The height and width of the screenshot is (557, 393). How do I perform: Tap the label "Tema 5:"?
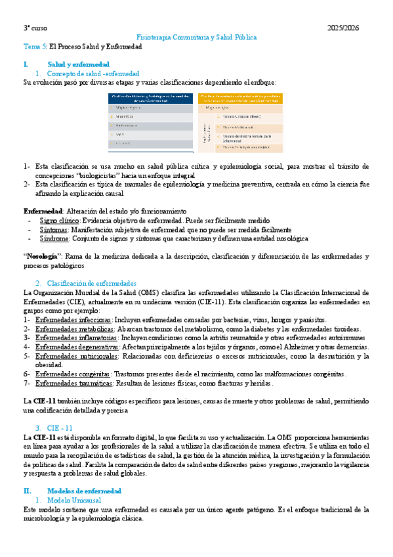click(x=35, y=47)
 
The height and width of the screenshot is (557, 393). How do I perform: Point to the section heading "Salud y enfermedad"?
click(x=78, y=65)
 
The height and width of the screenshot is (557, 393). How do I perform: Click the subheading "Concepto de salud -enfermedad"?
click(x=98, y=74)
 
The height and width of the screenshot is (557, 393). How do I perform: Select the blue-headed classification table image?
click(x=150, y=122)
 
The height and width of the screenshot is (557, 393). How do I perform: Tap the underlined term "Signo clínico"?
click(x=56, y=221)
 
